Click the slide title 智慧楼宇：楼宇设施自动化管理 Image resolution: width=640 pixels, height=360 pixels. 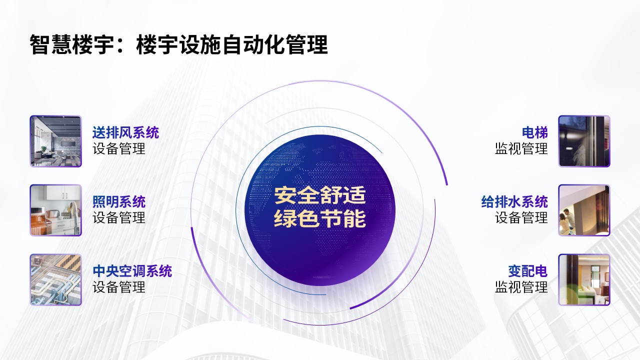click(178, 44)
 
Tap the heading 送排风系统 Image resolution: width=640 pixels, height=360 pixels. click(125, 132)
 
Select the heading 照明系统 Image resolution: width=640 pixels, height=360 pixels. click(119, 201)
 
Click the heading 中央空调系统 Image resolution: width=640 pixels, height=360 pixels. click(132, 271)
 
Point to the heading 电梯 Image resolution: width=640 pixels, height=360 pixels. click(534, 132)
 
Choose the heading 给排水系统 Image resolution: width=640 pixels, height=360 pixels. click(514, 201)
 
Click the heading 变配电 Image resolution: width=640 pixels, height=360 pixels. click(527, 271)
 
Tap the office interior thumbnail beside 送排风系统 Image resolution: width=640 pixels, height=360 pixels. click(55, 141)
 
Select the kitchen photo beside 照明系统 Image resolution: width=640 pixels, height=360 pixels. click(55, 210)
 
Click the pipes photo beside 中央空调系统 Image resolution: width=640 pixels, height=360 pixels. click(55, 279)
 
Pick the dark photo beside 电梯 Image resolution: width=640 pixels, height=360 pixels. click(584, 141)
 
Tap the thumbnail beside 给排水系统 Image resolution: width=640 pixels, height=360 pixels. click(584, 210)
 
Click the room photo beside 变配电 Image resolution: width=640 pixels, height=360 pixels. click(584, 279)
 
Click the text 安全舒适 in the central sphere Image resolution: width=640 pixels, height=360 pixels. click(320, 195)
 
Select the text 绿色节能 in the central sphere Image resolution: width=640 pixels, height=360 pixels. click(320, 219)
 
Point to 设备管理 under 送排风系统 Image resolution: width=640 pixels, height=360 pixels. click(119, 148)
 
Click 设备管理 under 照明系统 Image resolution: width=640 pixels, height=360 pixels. click(119, 217)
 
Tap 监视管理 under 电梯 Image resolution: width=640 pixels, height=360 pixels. click(521, 148)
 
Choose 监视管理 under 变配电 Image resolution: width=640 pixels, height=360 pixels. click(521, 287)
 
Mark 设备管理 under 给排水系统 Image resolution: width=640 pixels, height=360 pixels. click(521, 217)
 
